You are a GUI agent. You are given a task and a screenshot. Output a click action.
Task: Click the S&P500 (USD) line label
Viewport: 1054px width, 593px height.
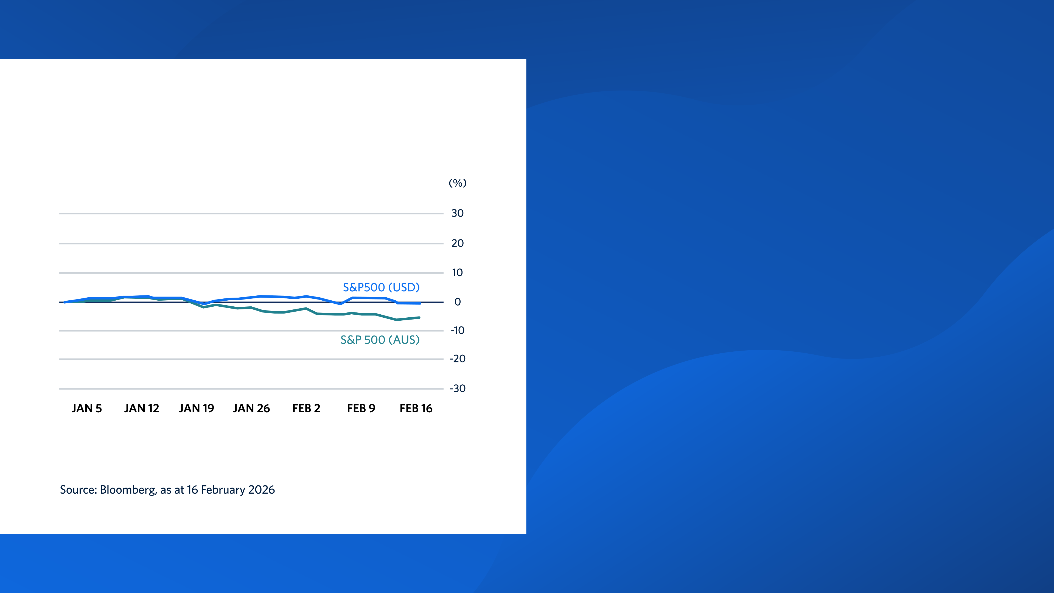[381, 287]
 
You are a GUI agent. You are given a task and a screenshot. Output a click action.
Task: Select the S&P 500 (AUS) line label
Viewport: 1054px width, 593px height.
[380, 340]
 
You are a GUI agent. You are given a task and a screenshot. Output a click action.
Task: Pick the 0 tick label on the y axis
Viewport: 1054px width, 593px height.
[458, 302]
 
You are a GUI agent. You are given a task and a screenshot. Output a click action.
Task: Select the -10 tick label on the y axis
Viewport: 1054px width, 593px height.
[458, 330]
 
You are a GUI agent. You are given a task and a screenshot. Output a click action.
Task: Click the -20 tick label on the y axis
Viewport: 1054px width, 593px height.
[458, 359]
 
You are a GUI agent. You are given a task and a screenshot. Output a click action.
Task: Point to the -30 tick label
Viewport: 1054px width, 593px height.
[458, 388]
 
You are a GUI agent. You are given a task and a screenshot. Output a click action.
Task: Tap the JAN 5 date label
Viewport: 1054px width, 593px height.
[86, 409]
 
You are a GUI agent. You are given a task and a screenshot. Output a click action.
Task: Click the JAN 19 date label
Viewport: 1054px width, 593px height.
[197, 409]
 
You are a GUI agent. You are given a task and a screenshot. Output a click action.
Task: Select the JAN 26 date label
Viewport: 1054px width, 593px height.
[251, 409]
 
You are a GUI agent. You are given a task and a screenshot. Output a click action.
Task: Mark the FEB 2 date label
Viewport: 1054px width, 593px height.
[306, 409]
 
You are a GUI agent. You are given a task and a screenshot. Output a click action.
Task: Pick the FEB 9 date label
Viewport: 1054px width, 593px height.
[361, 409]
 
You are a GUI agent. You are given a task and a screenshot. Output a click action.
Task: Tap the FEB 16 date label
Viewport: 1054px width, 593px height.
[416, 409]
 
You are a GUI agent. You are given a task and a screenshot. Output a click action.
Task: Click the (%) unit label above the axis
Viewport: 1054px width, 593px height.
[458, 183]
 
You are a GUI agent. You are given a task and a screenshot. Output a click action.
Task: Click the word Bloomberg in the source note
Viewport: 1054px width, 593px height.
[128, 490]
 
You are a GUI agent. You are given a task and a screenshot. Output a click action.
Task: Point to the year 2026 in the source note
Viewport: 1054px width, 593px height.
[261, 490]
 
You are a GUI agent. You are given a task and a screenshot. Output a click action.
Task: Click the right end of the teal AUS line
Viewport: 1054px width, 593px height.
[419, 318]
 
